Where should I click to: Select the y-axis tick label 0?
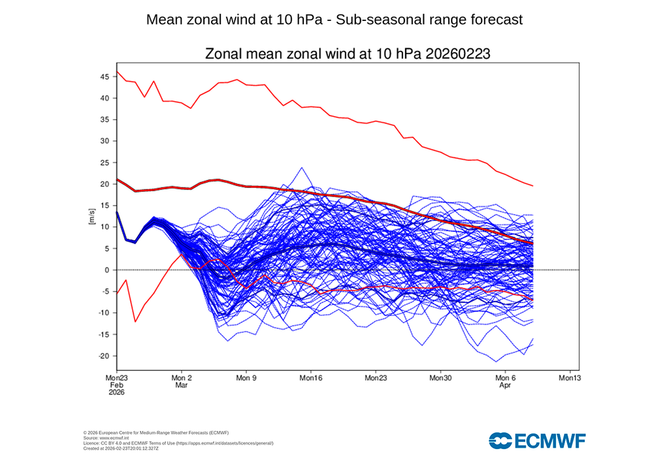click(106, 270)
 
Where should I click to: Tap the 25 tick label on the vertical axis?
click(103, 163)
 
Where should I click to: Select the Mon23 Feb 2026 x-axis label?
click(116, 385)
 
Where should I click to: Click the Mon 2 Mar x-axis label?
click(181, 381)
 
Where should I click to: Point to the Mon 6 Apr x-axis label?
click(505, 381)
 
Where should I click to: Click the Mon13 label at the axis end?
click(569, 377)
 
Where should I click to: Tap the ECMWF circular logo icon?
click(501, 441)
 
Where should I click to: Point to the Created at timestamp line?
click(121, 448)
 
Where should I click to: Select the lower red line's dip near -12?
click(135, 321)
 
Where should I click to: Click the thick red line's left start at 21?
click(117, 179)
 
